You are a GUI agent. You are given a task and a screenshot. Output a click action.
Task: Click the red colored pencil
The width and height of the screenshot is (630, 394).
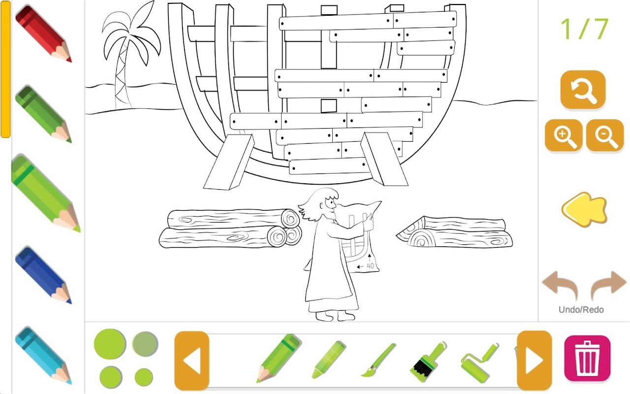[x=44, y=34]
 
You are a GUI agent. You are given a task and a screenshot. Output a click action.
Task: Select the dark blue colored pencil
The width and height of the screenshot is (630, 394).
[x=44, y=275]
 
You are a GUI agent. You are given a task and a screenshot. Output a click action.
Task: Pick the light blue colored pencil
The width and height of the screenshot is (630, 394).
[x=44, y=356]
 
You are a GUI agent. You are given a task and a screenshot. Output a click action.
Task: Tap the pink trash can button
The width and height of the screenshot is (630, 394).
[x=587, y=358]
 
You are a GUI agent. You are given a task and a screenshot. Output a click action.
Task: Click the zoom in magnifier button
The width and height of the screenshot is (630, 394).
[x=564, y=135]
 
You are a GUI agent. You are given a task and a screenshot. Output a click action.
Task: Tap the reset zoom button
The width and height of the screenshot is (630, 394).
[x=583, y=90]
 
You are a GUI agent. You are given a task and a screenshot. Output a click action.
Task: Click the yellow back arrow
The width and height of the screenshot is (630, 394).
[x=584, y=210]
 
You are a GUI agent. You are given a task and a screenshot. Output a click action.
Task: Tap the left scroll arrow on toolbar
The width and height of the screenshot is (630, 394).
[x=191, y=361]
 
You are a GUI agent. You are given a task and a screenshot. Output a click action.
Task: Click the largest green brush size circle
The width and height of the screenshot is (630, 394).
[x=110, y=344]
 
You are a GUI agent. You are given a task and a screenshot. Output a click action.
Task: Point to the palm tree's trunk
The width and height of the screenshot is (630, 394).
[x=123, y=73]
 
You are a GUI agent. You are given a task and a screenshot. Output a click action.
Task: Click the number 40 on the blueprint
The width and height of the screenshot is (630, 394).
[x=371, y=265]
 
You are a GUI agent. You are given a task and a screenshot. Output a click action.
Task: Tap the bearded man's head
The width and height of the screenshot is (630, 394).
[x=323, y=204]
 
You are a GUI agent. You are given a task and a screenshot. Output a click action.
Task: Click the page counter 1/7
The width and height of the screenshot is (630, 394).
[x=584, y=29]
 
